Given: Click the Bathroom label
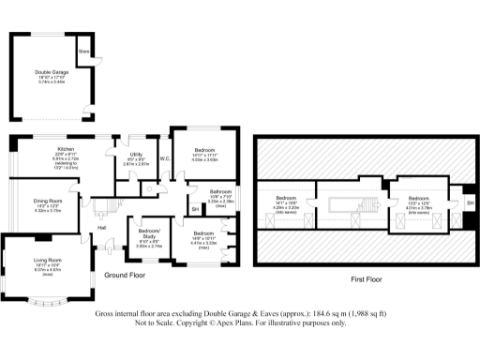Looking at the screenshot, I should pyautogui.click(x=220, y=190).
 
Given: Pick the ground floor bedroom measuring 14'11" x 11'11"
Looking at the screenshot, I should pyautogui.click(x=205, y=150).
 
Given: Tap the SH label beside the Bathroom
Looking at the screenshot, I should pyautogui.click(x=195, y=209).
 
